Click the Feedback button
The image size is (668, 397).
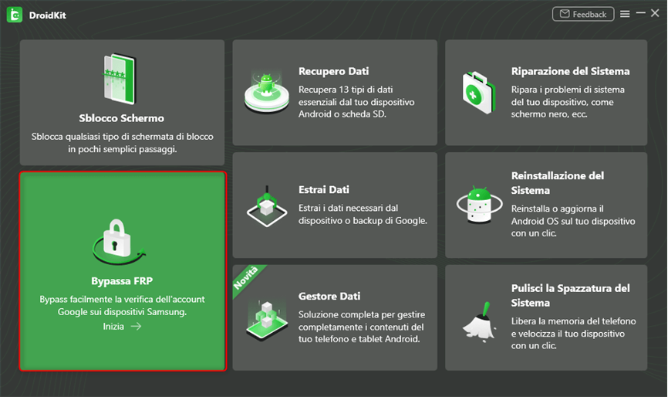pyautogui.click(x=583, y=14)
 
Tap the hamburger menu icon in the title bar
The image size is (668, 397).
pyautogui.click(x=625, y=14)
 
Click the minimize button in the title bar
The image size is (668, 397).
pyautogui.click(x=639, y=14)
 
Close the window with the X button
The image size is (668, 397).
pyautogui.click(x=654, y=14)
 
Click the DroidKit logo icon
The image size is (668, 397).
pyautogui.click(x=15, y=15)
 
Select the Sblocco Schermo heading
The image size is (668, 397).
pyautogui.click(x=122, y=118)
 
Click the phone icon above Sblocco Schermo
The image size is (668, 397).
pyautogui.click(x=121, y=79)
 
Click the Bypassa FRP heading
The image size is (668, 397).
pyautogui.click(x=122, y=280)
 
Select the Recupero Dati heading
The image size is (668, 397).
pyautogui.click(x=329, y=71)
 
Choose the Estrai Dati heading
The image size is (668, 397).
pyautogui.click(x=323, y=189)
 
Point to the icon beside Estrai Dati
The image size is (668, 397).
pyautogui.click(x=266, y=204)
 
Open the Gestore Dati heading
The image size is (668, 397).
pyautogui.click(x=329, y=296)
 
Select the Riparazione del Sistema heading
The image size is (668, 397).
pyautogui.click(x=570, y=71)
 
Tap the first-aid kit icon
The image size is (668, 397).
pyautogui.click(x=478, y=91)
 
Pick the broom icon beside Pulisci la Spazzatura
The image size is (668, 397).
pyautogui.click(x=478, y=317)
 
